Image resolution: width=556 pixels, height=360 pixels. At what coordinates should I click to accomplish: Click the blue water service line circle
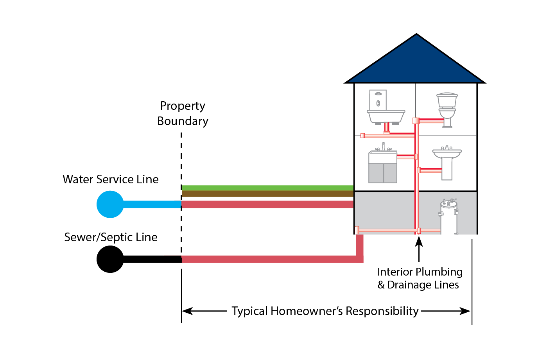110,204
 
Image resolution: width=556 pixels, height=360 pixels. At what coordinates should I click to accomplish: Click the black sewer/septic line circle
110,259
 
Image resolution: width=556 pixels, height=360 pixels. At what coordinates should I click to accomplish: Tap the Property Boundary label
183,113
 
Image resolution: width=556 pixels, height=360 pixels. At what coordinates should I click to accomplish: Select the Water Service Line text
111,179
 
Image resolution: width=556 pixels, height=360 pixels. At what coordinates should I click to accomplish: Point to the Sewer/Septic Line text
111,237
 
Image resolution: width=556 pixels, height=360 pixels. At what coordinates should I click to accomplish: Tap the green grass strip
267,188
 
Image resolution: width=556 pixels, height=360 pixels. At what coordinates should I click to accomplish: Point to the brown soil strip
267,193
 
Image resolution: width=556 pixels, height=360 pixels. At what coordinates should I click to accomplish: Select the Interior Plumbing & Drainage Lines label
420,278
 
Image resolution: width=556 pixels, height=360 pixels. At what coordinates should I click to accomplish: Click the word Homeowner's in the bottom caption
307,311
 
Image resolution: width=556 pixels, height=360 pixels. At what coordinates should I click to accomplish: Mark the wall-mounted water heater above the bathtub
378,100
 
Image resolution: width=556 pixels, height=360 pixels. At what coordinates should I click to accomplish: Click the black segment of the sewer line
152,259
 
